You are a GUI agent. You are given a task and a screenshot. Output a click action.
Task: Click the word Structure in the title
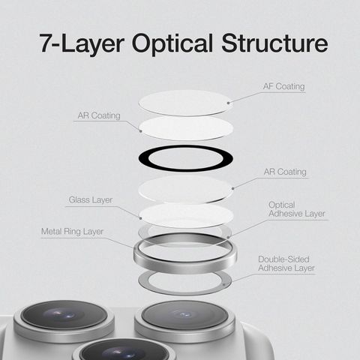(274, 43)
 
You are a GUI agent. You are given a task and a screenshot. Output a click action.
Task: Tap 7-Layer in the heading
(82, 43)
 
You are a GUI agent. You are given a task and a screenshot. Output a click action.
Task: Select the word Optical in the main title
(172, 44)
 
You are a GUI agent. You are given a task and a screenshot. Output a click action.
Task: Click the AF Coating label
(283, 86)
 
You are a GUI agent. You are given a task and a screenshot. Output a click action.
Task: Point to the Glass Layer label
(91, 199)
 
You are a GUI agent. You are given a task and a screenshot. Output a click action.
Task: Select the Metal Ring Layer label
(72, 231)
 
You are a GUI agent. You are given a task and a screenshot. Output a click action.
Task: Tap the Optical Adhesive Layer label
(297, 209)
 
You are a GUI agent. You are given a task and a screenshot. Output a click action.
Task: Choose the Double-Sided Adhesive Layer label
(286, 263)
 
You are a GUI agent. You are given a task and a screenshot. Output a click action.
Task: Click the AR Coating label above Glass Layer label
(99, 115)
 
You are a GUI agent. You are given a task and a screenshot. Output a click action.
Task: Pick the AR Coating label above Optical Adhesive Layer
(285, 172)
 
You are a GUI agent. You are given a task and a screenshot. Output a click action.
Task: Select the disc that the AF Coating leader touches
(185, 103)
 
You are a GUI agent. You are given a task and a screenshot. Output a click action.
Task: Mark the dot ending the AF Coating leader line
(228, 103)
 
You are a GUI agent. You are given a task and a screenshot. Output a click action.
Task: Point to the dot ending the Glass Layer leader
(141, 218)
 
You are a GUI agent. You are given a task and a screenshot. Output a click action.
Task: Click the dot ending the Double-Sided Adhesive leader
(224, 284)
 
